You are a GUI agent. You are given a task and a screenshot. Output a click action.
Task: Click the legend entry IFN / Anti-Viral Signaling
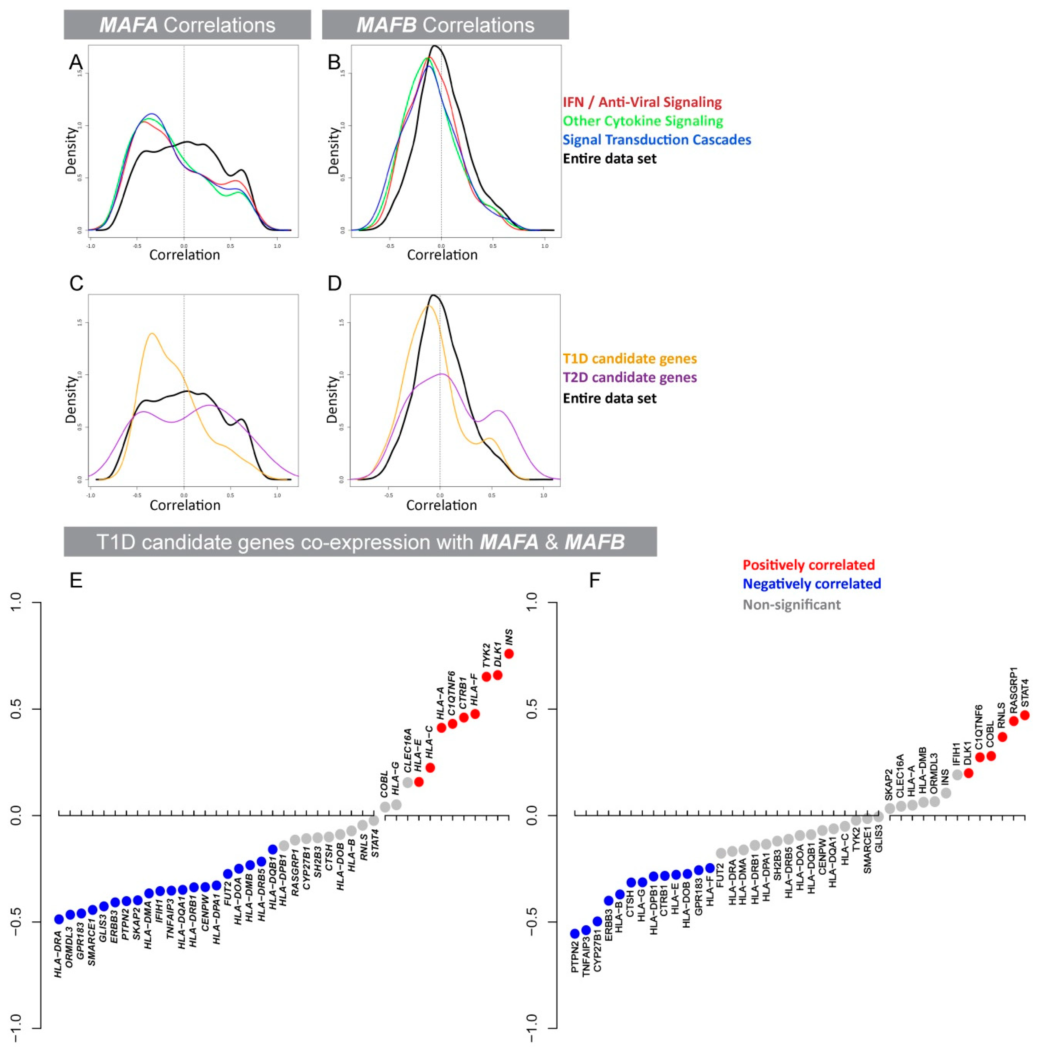point(642,102)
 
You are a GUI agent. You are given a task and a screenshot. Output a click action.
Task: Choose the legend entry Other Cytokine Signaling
point(642,121)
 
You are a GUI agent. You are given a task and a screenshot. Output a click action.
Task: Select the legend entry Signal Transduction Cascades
point(657,140)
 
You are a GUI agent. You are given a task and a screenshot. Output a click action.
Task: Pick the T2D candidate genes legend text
point(629,378)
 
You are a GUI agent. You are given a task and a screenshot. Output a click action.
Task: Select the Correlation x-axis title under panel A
point(184,255)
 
